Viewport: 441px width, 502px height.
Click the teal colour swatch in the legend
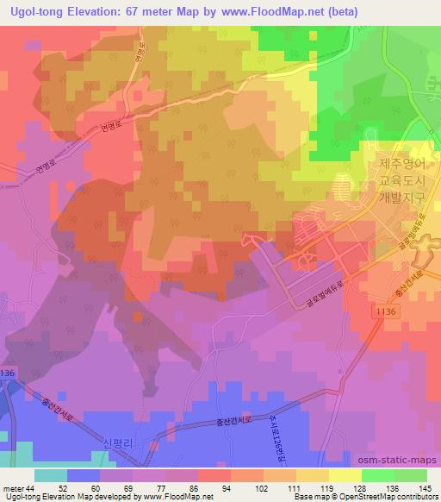click(51, 474)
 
